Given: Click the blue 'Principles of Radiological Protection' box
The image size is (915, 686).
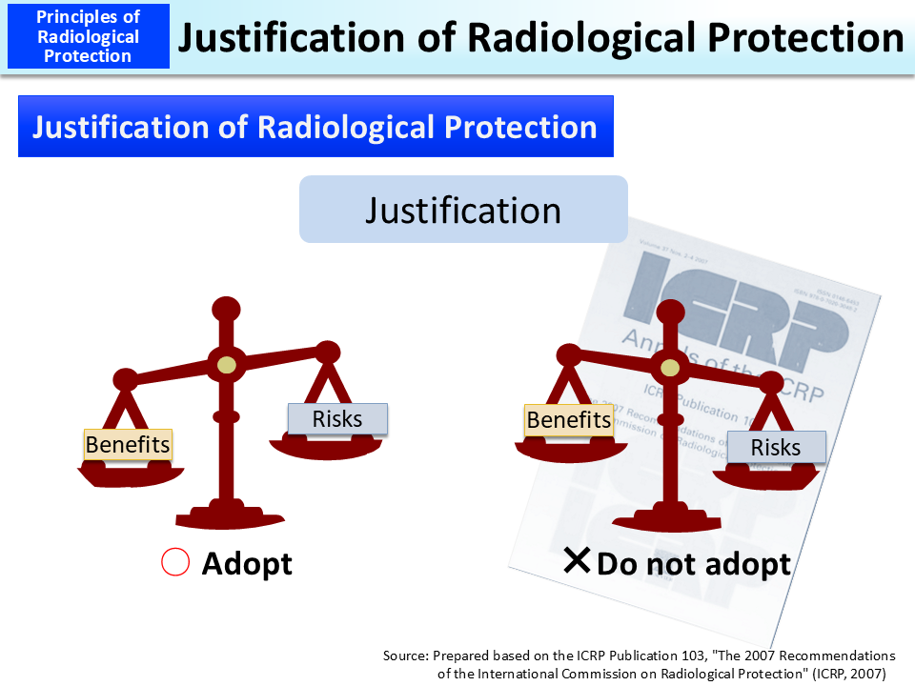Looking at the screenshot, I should pos(88,36).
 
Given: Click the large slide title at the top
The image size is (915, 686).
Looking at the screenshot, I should pos(540,37).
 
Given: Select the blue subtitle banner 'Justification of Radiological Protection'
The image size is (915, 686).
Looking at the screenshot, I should pos(315,127).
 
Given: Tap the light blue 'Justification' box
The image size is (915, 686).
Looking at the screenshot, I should pos(463,210).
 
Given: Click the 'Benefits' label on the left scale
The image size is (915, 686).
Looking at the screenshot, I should pos(128,444).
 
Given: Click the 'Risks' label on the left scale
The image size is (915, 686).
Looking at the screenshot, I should pos(337,418).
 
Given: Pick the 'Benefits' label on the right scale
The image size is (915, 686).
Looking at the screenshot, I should pos(568,419).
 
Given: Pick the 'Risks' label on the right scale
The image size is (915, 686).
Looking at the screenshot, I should pos(775,447).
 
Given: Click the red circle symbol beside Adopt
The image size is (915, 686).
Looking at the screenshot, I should pos(175,563).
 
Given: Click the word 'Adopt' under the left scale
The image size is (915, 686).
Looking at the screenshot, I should pos(247,563).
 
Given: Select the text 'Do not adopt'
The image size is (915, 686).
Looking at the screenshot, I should pos(693,563).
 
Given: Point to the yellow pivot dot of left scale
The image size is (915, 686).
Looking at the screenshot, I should pos(226,364).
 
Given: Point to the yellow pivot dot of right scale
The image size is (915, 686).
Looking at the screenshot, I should pos(670,367).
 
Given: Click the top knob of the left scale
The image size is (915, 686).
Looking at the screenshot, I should pos(226,308).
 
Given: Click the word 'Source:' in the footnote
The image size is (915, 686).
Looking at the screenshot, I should pos(406,656).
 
